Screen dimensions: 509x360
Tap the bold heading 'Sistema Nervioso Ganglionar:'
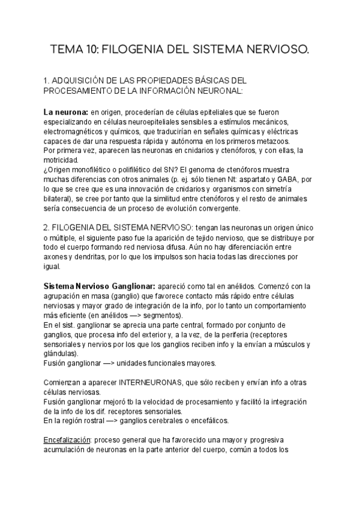point(100,286)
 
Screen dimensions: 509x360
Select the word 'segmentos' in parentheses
point(163,315)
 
